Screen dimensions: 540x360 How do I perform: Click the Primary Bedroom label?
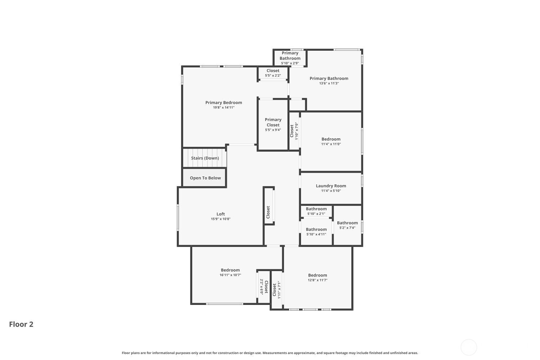click(x=224, y=103)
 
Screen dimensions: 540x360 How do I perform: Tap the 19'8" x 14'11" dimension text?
click(x=224, y=108)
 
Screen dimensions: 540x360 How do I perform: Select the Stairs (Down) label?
click(x=205, y=158)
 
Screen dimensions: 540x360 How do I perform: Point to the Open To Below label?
click(x=205, y=178)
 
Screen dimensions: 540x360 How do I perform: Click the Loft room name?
click(x=221, y=214)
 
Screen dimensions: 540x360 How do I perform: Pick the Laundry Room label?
click(x=331, y=186)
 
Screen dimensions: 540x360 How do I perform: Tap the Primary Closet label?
click(x=273, y=122)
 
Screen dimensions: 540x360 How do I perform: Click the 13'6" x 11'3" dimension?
click(x=329, y=84)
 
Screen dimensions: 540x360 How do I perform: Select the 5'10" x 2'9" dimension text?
click(x=290, y=63)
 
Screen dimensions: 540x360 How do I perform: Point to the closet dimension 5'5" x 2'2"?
click(x=273, y=76)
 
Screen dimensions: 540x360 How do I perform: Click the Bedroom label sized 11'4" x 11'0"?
click(x=331, y=139)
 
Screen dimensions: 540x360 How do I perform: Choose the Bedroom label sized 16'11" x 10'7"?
click(x=230, y=270)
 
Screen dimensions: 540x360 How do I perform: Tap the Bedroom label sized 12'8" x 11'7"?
click(x=318, y=275)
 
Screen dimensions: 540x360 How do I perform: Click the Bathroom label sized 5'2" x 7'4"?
click(x=347, y=223)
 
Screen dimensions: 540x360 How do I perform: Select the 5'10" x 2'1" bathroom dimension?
click(x=316, y=214)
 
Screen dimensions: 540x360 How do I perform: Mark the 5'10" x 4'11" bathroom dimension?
click(x=316, y=234)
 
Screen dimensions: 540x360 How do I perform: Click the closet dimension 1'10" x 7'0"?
click(x=297, y=131)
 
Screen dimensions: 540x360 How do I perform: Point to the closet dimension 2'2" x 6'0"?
click(x=261, y=287)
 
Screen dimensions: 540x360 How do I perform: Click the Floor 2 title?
click(x=21, y=324)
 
